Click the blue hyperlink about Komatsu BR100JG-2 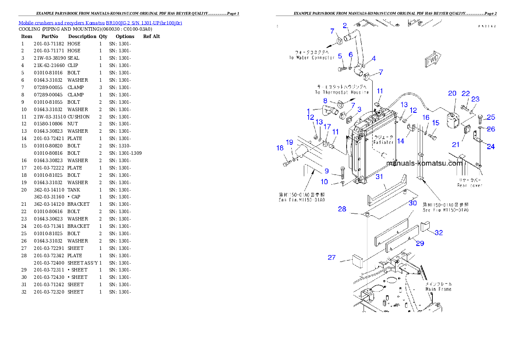pos(100,23)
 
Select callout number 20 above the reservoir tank pos(452,93)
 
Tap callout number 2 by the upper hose pos(345,26)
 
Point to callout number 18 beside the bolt pos(280,148)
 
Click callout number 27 pos(332,258)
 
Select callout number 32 pos(438,233)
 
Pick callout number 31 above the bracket pos(379,176)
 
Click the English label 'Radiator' pos(383,142)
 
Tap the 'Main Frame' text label pos(438,289)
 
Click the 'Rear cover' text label pos(470,185)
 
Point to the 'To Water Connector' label pos(312,57)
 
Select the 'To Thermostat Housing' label pos(342,92)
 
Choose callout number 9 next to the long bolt pos(327,171)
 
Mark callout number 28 pos(342,209)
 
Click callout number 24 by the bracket pos(490,147)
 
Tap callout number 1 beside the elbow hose pos(308,111)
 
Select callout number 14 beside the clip pos(401,141)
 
